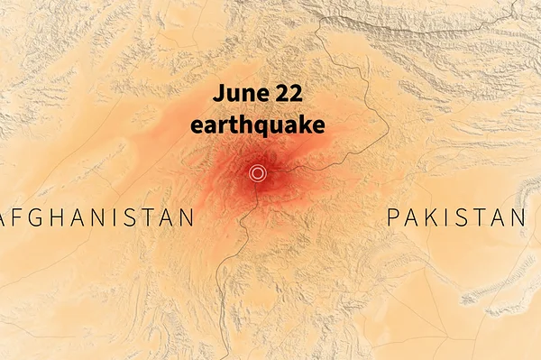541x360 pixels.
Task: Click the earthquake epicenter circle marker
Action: click(258, 173)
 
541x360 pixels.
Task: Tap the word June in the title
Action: click(237, 94)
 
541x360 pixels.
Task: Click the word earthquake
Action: click(257, 125)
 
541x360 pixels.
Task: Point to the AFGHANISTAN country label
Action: click(97, 217)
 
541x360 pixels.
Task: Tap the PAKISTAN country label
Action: click(456, 217)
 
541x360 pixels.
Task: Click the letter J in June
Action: click(217, 94)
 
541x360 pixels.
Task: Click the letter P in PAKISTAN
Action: click(393, 217)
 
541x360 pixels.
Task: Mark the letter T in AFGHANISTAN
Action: click(148, 217)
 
